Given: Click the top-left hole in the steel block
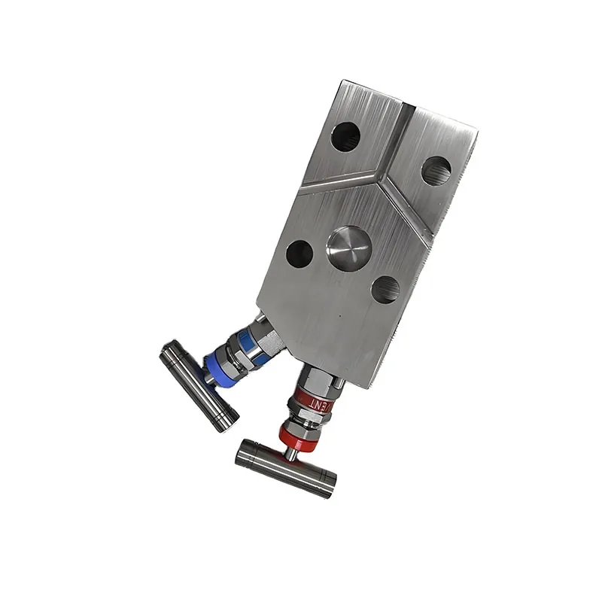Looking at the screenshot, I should click(345, 136).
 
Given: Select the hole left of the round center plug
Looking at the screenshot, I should click(299, 254).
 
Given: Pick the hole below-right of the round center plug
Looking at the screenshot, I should click(386, 289).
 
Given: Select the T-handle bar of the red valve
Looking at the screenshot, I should click(284, 467).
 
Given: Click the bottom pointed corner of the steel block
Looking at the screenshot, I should click(368, 387).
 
